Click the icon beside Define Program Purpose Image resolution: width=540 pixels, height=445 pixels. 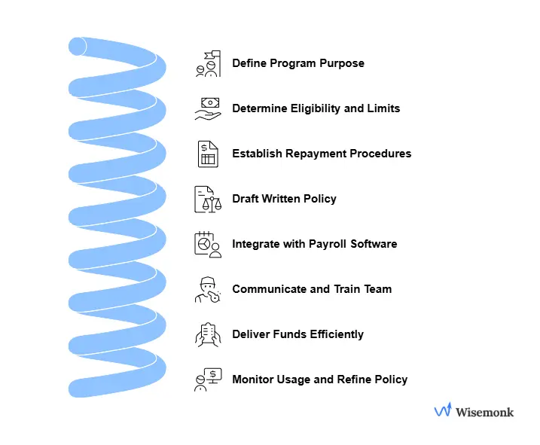pyautogui.click(x=207, y=64)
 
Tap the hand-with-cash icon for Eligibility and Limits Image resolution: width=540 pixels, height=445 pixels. pyautogui.click(x=207, y=109)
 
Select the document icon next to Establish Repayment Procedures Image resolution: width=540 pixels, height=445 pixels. pyautogui.click(x=207, y=154)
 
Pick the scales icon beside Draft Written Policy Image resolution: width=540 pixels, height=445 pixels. pyautogui.click(x=207, y=200)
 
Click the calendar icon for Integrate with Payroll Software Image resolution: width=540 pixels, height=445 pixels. pyautogui.click(x=207, y=245)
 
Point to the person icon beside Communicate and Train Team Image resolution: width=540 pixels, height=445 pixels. pyautogui.click(x=207, y=290)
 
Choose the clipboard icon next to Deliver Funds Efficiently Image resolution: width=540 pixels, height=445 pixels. pyautogui.click(x=207, y=335)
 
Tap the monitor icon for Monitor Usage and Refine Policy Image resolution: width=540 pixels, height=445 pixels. pyautogui.click(x=207, y=379)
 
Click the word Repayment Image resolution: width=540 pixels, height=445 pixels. pyautogui.click(x=323, y=154)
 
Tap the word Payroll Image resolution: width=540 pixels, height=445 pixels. pyautogui.click(x=331, y=244)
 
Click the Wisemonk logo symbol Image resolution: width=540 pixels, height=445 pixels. pyautogui.click(x=443, y=411)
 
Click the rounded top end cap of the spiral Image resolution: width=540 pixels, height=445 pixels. pyautogui.click(x=78, y=46)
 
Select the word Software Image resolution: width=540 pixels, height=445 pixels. pyautogui.click(x=375, y=244)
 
